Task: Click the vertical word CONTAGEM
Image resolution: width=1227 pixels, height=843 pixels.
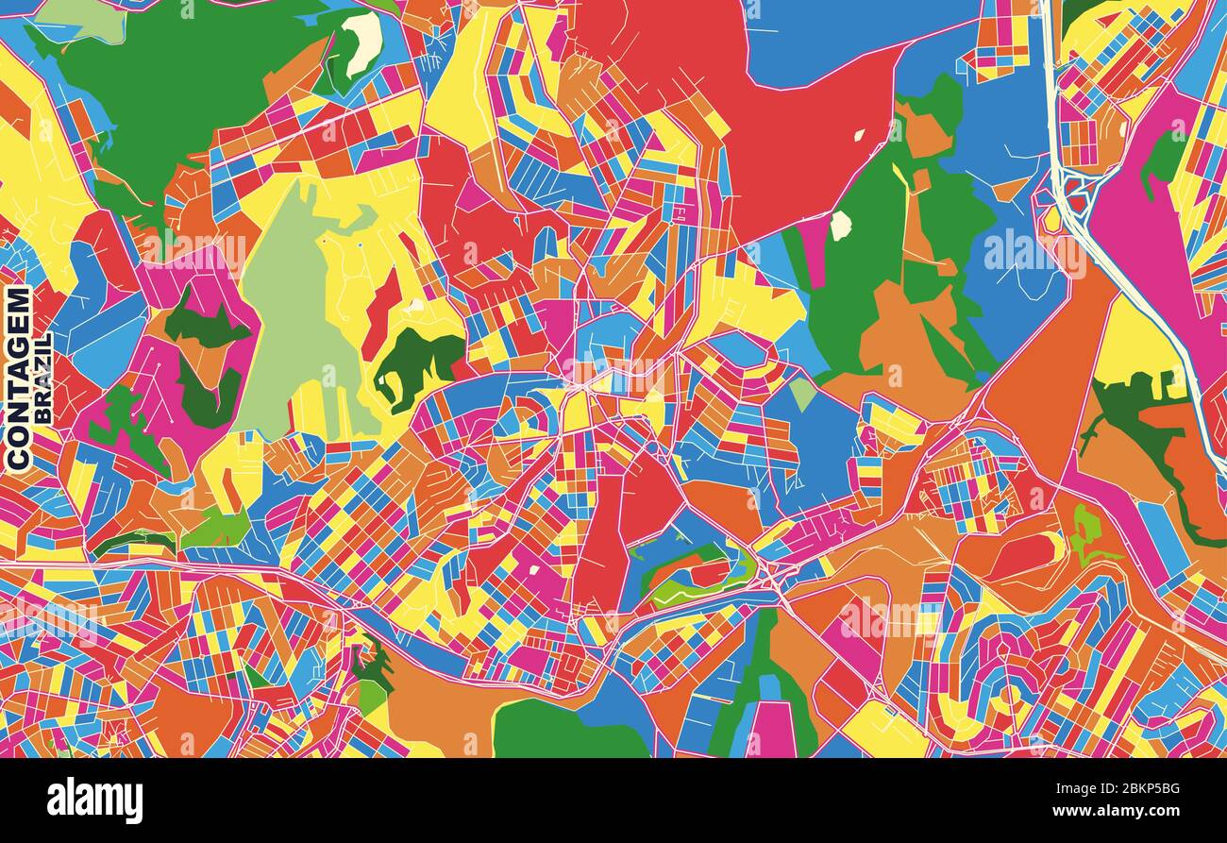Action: (18, 378)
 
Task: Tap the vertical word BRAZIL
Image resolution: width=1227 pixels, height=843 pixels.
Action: (42, 378)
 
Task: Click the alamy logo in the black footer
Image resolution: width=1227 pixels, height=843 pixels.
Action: (94, 801)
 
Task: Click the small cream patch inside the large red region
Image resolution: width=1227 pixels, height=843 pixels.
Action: (859, 135)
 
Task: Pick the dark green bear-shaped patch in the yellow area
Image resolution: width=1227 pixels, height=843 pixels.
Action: (415, 363)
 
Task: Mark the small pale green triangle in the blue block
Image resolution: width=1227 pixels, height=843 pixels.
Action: (801, 393)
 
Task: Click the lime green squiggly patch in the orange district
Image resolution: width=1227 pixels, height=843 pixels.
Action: (1085, 533)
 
